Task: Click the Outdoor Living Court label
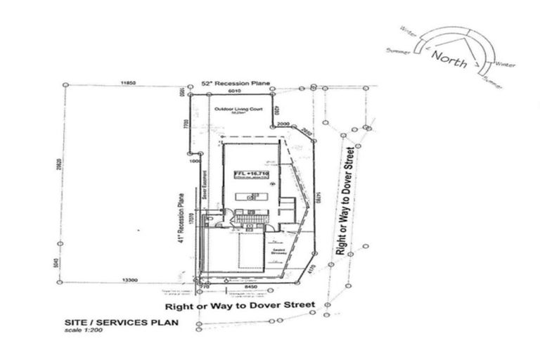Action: [234, 110]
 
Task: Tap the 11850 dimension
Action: [127, 83]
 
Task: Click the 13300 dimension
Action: [128, 279]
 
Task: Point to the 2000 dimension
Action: [283, 124]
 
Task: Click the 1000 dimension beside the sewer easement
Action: [196, 160]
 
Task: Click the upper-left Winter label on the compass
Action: [408, 31]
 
